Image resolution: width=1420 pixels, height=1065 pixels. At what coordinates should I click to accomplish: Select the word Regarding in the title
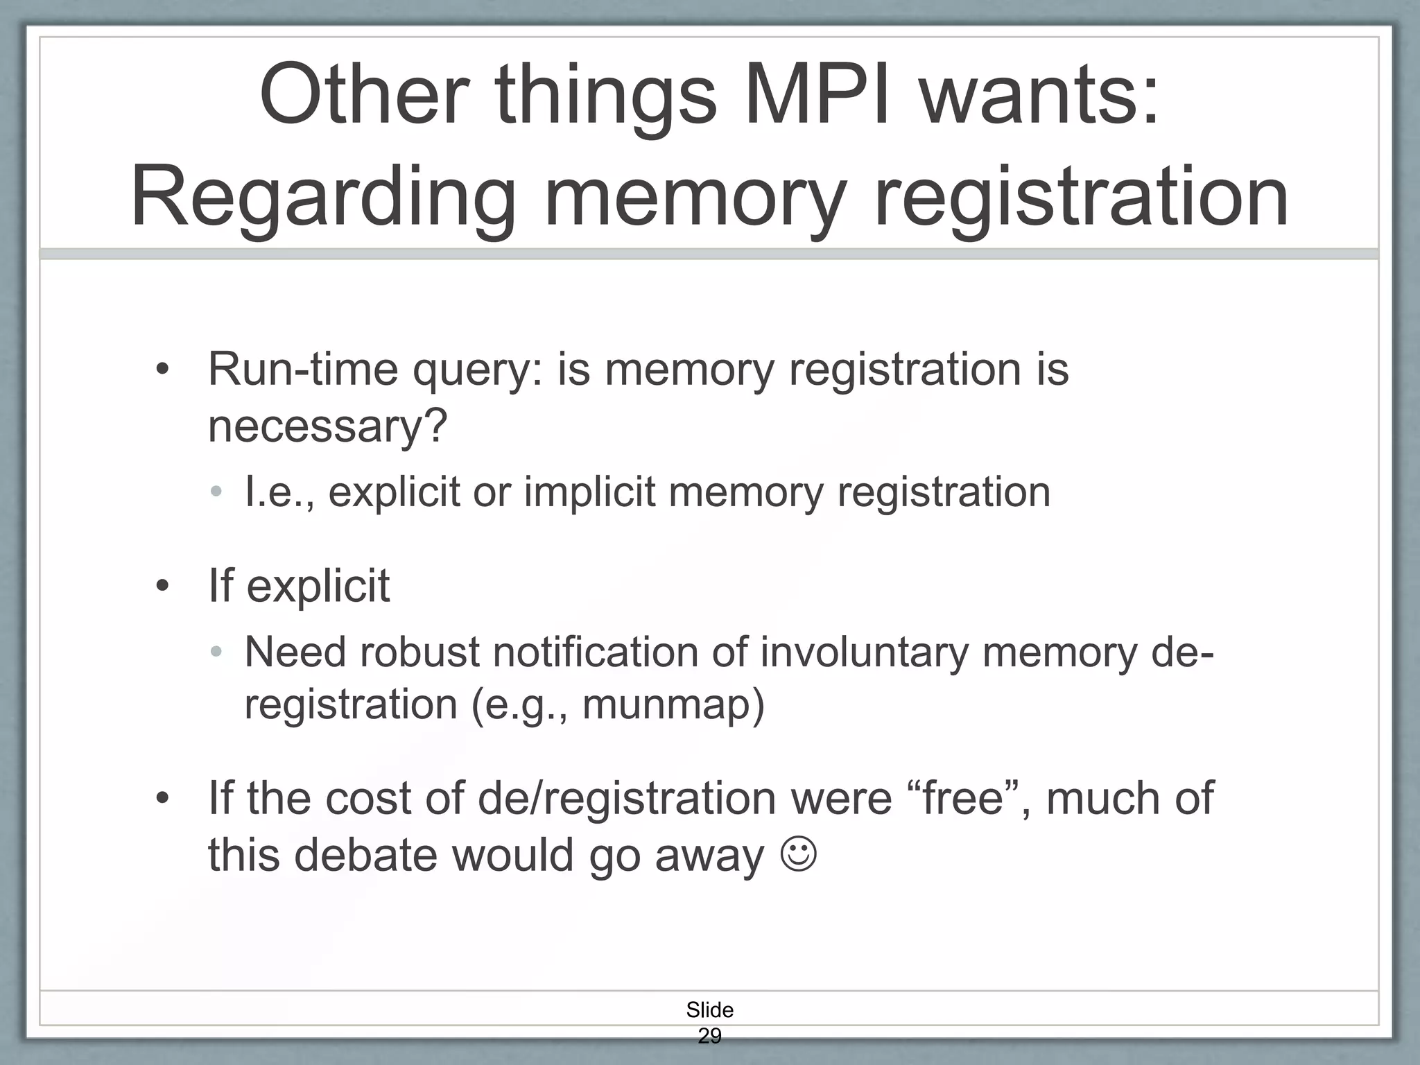tap(322, 198)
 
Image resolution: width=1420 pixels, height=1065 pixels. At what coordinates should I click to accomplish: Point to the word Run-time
tap(303, 370)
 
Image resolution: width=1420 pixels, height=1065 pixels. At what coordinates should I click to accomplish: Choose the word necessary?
tap(328, 426)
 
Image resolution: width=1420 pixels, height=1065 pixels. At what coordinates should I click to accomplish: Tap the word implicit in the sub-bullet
tap(589, 492)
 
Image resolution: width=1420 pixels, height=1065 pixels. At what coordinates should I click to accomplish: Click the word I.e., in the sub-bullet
tap(280, 492)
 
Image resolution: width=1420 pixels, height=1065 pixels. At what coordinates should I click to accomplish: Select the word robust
tap(420, 652)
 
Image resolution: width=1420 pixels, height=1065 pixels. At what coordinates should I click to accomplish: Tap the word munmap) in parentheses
tap(673, 705)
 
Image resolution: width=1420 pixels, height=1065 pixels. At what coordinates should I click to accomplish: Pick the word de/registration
tap(627, 799)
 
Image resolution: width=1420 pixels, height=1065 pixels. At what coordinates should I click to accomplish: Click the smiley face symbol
tap(799, 855)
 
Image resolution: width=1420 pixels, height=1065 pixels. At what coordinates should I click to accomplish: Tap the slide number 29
tap(709, 1036)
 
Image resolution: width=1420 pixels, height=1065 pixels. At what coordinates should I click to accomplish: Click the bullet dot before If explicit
tap(162, 587)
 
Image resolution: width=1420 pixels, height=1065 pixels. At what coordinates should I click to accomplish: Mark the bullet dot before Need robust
tap(216, 652)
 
